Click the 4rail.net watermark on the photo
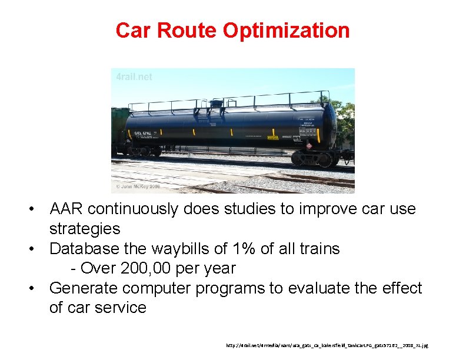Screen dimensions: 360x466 point(134,77)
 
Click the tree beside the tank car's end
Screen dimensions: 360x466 point(345,118)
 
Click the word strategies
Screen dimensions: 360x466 point(85,228)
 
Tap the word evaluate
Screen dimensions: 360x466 point(323,288)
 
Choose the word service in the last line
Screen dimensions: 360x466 point(118,308)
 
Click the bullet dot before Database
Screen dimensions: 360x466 point(36,249)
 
